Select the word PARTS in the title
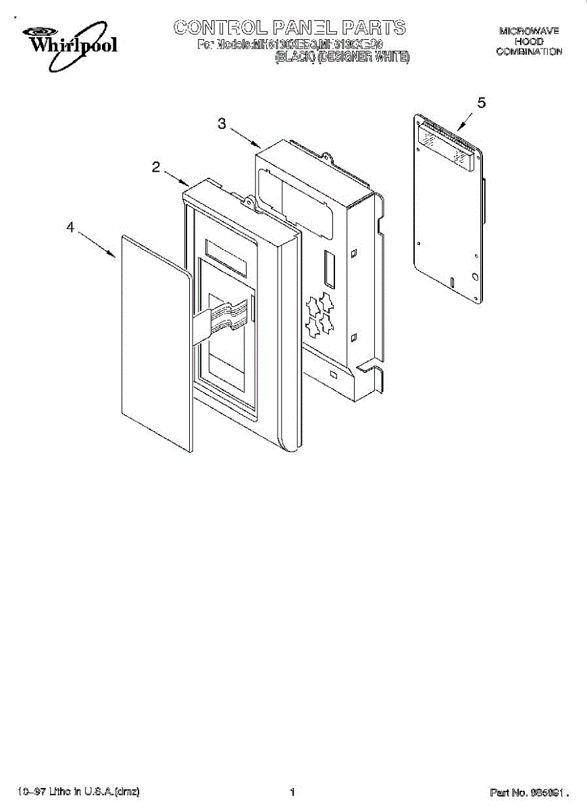(374, 28)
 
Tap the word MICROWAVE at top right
(529, 31)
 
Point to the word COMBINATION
(529, 52)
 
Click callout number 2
(156, 168)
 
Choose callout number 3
(222, 123)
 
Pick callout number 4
(70, 228)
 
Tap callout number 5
(481, 103)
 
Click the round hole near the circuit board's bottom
(475, 276)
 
